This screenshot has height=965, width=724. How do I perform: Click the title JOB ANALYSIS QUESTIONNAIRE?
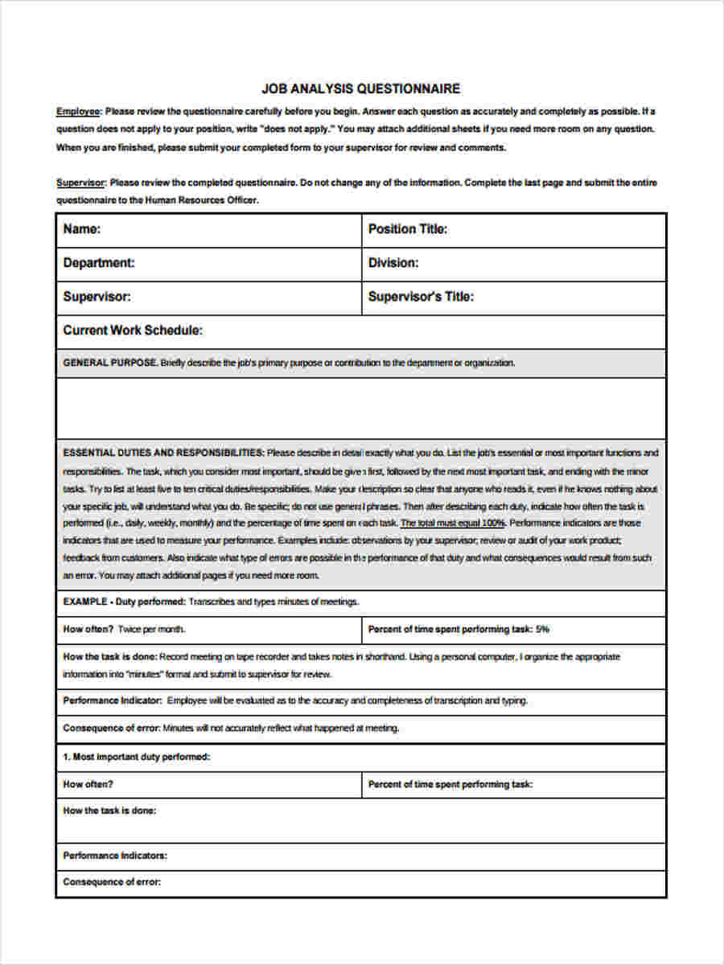pos(361,88)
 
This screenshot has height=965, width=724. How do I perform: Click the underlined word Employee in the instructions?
pos(78,111)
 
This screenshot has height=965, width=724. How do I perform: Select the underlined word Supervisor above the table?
pos(80,183)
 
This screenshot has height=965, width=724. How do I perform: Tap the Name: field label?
pos(82,229)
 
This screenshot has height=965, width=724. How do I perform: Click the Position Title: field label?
pos(408,229)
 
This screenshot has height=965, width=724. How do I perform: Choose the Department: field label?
pos(99,263)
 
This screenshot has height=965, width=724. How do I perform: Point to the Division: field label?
pos(393,263)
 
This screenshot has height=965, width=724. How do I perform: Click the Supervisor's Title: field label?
pos(421,297)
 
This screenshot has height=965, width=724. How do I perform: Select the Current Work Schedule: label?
pos(133,331)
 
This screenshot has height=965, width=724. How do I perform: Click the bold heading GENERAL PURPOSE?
pos(110,363)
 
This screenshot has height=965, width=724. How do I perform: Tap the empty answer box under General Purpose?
pos(361,408)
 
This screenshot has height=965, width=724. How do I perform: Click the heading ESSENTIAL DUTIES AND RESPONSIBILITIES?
pos(163,453)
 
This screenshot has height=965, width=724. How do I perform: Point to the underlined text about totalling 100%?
pos(452,524)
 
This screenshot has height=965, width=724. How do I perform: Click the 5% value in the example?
pos(542,630)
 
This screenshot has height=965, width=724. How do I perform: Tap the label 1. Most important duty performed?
pos(137,757)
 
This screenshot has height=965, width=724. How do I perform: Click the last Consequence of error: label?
pos(112,882)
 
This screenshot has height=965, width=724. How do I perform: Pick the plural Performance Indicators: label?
pos(115,856)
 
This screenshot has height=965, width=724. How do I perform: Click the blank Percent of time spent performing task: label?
pos(450,784)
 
